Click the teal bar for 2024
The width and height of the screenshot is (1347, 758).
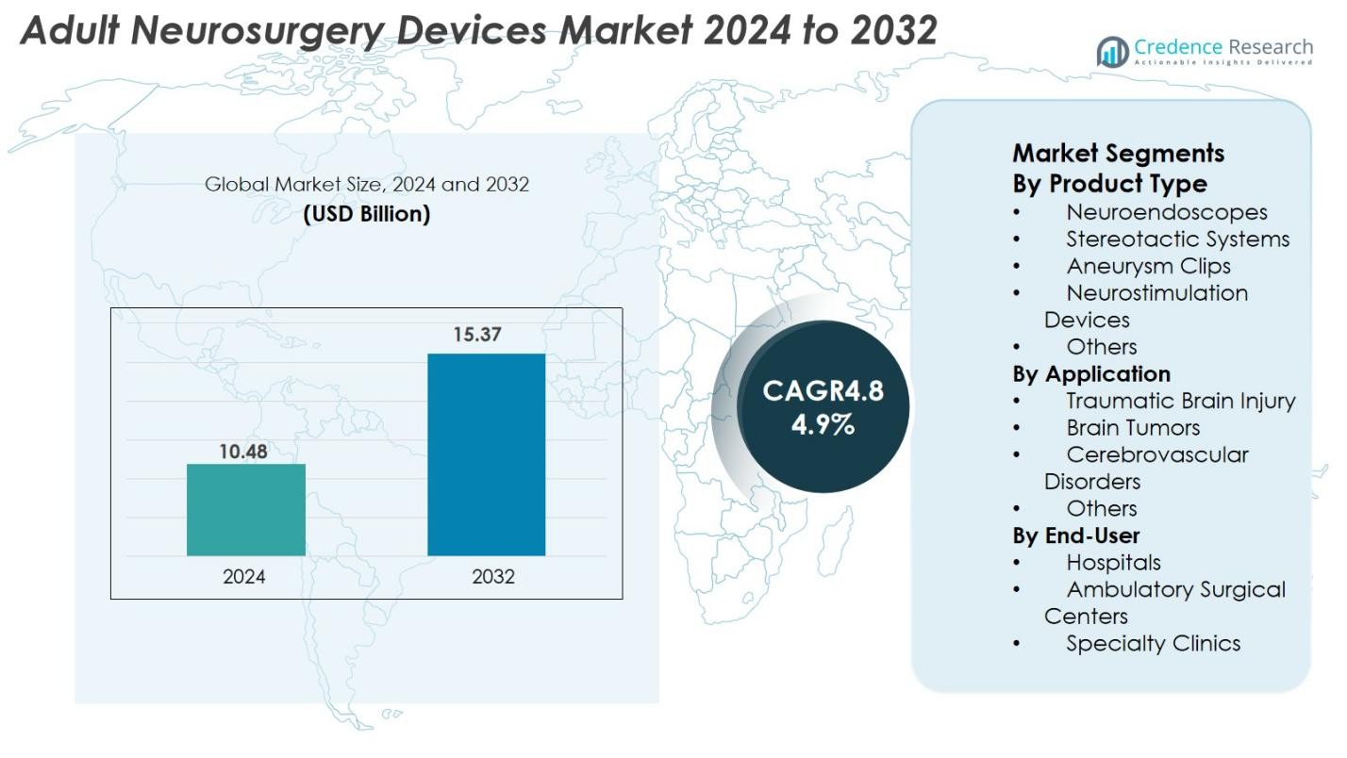(x=245, y=509)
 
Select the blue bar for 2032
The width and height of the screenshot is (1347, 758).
(x=486, y=454)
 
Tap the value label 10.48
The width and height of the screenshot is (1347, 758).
(x=243, y=452)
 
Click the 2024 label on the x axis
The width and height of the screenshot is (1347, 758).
(x=244, y=577)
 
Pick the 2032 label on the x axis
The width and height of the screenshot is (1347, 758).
(x=493, y=577)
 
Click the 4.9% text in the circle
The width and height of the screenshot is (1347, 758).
(x=823, y=424)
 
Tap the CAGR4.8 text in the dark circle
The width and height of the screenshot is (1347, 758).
(x=823, y=390)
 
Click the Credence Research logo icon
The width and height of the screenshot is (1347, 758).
(x=1112, y=52)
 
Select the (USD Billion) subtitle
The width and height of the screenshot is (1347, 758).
(x=366, y=214)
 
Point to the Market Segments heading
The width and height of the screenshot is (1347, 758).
(x=1118, y=153)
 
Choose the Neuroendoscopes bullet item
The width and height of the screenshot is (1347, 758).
(x=1166, y=212)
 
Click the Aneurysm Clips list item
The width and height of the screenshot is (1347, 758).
(x=1148, y=266)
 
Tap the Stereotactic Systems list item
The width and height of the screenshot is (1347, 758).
(x=1177, y=239)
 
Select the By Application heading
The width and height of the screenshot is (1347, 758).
(x=1091, y=374)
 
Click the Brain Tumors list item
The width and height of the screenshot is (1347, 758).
(x=1133, y=428)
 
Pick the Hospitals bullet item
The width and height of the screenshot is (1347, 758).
(x=1113, y=563)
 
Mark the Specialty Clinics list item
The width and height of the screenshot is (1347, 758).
(x=1153, y=644)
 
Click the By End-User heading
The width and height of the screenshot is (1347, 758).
(x=1076, y=536)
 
